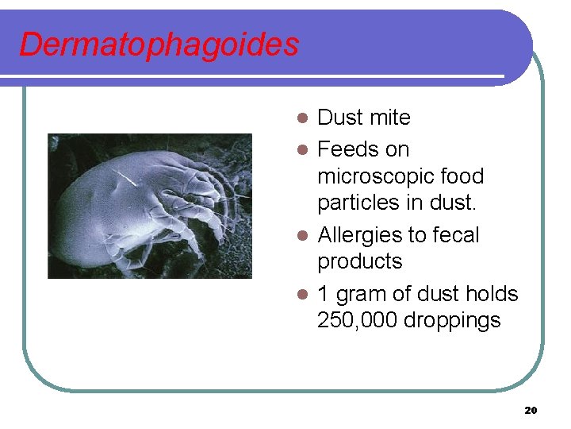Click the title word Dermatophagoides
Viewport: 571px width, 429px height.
point(159,44)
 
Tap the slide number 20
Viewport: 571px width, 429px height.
point(531,410)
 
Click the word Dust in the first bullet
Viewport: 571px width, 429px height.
point(339,118)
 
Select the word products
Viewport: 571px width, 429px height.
point(360,261)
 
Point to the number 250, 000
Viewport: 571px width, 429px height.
point(356,320)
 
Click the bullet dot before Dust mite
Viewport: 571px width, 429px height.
point(301,118)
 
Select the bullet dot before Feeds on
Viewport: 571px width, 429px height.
point(301,149)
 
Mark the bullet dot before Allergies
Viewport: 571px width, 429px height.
point(301,236)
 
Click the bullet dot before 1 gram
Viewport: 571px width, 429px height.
point(301,295)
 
